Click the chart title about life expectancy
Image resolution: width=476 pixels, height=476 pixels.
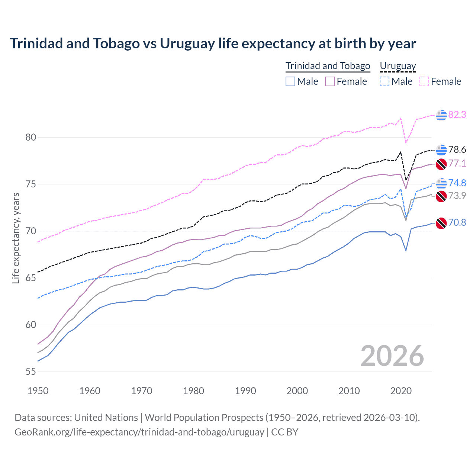tap(213, 44)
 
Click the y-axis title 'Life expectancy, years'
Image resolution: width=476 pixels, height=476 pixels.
tap(16, 238)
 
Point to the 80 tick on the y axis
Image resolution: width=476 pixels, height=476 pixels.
tap(31, 137)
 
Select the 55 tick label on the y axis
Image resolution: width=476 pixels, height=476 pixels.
tap(31, 372)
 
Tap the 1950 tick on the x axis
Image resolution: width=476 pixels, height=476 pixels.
tap(38, 391)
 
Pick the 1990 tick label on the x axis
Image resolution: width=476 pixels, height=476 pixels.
tap(245, 391)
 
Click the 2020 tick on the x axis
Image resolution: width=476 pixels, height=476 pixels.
tap(401, 391)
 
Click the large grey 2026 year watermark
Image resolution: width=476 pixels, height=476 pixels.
tap(392, 356)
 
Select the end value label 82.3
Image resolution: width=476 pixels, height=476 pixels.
tap(457, 115)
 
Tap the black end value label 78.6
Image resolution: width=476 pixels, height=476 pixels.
tap(457, 150)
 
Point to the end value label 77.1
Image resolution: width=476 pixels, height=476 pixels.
tap(457, 164)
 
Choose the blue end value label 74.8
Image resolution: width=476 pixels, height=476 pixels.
tap(457, 183)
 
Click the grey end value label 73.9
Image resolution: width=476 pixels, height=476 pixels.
tap(457, 196)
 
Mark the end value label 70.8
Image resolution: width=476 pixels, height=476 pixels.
tap(457, 223)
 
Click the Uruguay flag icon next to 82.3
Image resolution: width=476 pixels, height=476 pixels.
tap(441, 115)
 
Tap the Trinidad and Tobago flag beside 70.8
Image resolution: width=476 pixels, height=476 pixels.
tap(441, 223)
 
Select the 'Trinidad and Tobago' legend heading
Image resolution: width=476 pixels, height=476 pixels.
tap(328, 66)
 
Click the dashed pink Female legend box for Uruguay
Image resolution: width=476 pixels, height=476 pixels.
tap(424, 81)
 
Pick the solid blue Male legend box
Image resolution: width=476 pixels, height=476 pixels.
tap(290, 81)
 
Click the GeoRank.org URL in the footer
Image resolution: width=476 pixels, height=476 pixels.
tap(139, 432)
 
